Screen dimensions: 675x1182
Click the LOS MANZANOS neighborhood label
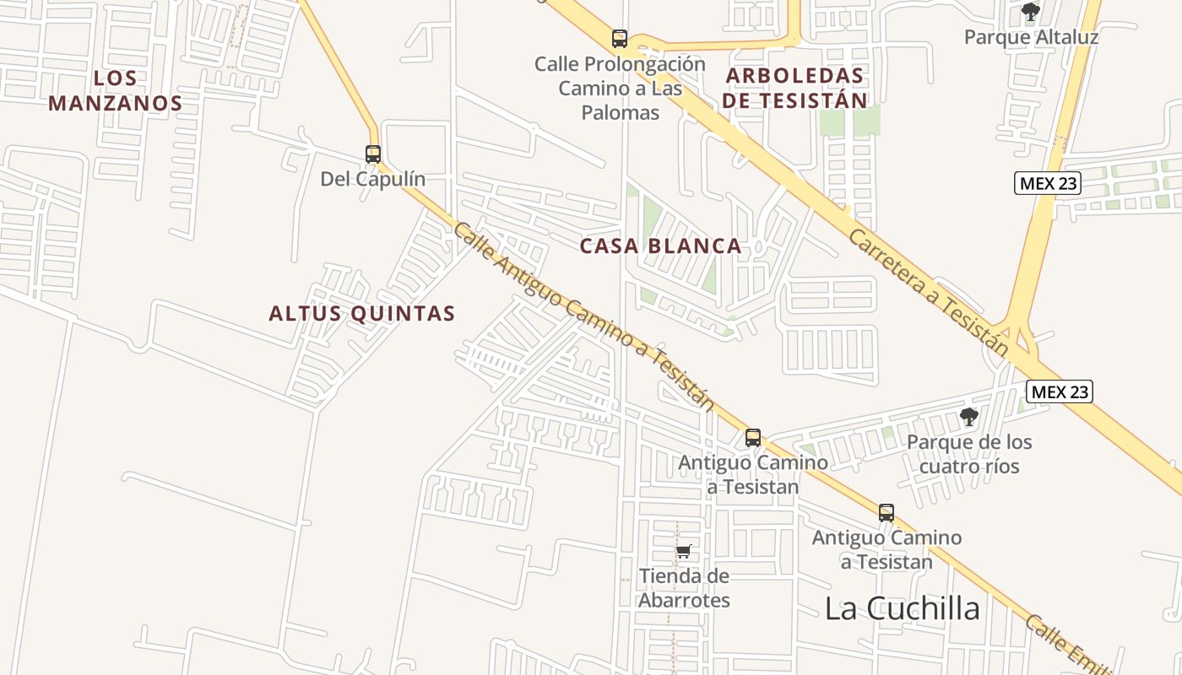pyautogui.click(x=116, y=91)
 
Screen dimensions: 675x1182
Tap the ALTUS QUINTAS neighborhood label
pyautogui.click(x=362, y=314)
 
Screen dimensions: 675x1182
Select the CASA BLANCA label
pyautogui.click(x=660, y=246)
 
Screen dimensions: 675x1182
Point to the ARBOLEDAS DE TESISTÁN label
pyautogui.click(x=795, y=88)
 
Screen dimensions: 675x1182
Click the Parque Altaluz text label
pyautogui.click(x=1031, y=37)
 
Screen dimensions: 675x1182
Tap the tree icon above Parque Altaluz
pyautogui.click(x=1030, y=12)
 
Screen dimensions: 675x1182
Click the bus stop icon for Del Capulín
pyautogui.click(x=373, y=154)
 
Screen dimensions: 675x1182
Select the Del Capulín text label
pyautogui.click(x=372, y=179)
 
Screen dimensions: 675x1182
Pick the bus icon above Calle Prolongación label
pyautogui.click(x=620, y=38)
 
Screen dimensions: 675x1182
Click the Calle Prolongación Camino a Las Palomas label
pyautogui.click(x=620, y=88)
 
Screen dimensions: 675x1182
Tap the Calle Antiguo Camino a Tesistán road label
pyautogui.click(x=583, y=316)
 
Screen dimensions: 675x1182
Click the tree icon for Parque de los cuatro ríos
pyautogui.click(x=968, y=417)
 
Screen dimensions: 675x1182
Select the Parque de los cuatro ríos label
pyautogui.click(x=969, y=454)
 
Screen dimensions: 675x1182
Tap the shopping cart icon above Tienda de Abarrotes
pyautogui.click(x=684, y=552)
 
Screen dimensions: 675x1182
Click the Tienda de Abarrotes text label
pyautogui.click(x=684, y=588)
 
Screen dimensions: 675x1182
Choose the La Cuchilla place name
pyautogui.click(x=902, y=608)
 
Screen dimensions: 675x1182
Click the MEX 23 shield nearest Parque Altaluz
pyautogui.click(x=1047, y=182)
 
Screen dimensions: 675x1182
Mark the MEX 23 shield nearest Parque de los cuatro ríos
pyautogui.click(x=1059, y=391)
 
